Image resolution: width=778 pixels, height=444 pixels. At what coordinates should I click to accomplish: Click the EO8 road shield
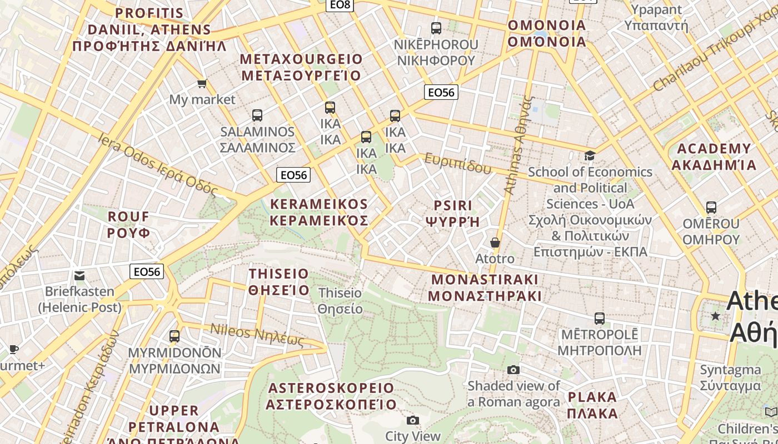[x=340, y=5]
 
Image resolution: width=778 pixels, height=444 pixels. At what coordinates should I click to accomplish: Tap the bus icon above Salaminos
[x=257, y=115]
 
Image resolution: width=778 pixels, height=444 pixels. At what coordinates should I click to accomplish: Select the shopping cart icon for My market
[x=202, y=84]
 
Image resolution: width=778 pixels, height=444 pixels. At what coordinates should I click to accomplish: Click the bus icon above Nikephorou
[x=436, y=28]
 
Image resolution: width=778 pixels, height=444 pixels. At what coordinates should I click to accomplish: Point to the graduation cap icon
[x=590, y=155]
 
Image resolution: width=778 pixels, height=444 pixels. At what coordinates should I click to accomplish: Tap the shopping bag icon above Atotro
[x=495, y=243]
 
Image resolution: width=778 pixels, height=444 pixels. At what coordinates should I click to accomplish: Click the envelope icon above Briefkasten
[x=79, y=275]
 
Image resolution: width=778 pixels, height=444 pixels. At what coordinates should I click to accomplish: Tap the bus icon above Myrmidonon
[x=174, y=336]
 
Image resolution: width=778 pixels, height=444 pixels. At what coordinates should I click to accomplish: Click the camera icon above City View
[x=412, y=420]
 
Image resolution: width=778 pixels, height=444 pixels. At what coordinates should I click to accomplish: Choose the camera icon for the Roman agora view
[x=513, y=370]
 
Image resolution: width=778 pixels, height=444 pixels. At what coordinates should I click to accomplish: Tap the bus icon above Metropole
[x=599, y=319]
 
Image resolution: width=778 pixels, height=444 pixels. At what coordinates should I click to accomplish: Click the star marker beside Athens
[x=715, y=316]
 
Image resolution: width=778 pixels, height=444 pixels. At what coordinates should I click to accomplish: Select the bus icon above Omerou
[x=711, y=208]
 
